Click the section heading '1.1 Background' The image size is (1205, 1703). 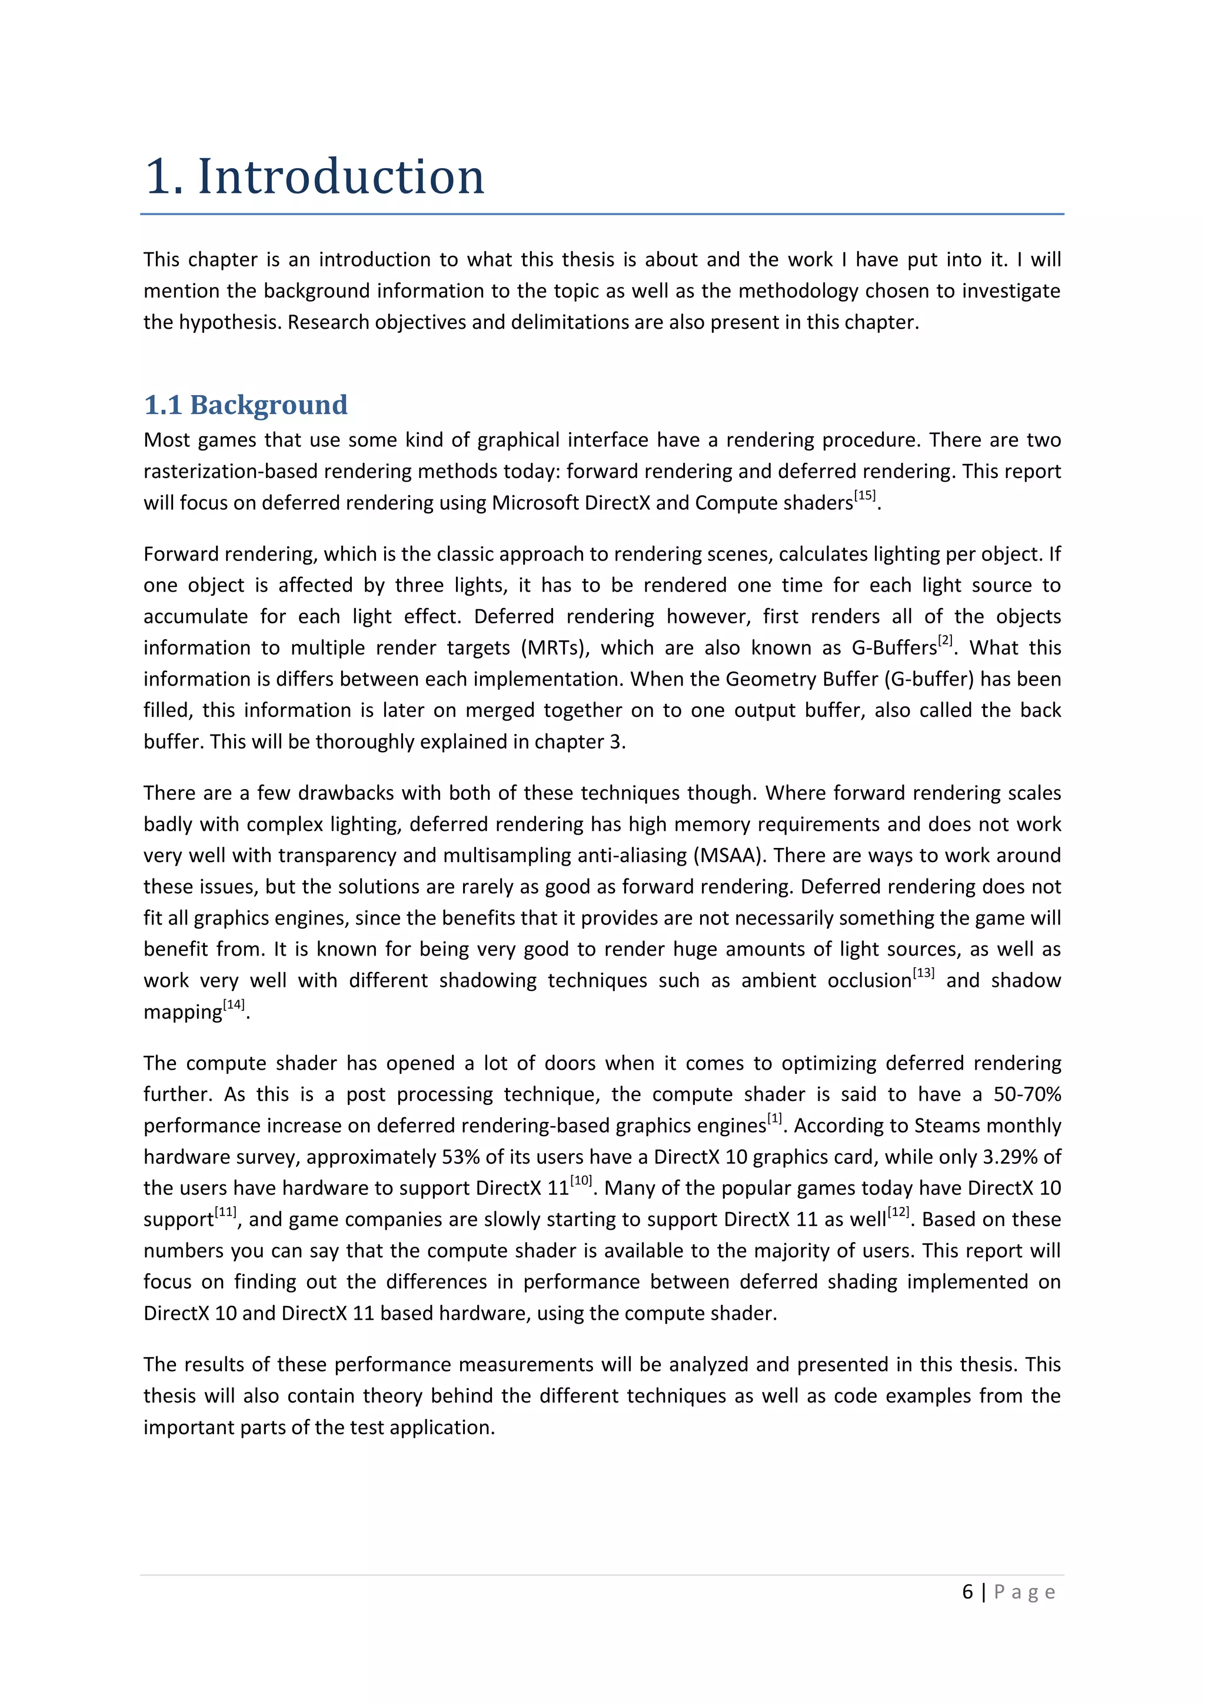[245, 405]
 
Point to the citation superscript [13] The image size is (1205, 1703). [923, 973]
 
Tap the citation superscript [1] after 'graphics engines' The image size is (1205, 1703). [775, 1118]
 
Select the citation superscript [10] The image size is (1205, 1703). [581, 1180]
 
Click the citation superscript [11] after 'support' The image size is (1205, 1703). [225, 1212]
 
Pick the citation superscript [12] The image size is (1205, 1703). [898, 1212]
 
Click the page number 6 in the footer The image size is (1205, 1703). [967, 1592]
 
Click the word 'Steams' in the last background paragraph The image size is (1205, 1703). [944, 1126]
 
